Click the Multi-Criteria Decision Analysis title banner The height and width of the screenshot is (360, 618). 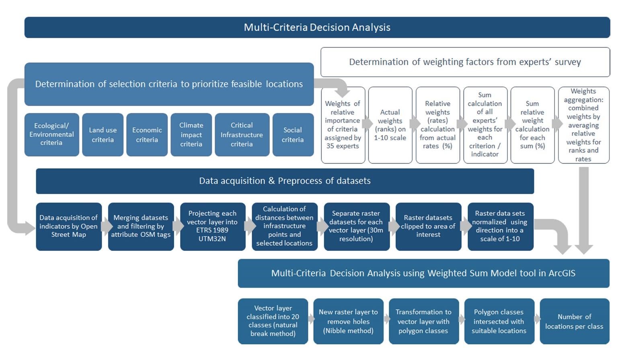[317, 27]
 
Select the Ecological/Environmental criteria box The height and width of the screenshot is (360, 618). [51, 134]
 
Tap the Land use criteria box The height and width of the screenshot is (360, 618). [103, 135]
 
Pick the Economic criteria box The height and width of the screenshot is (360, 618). [147, 135]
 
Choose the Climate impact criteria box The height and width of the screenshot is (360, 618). [191, 135]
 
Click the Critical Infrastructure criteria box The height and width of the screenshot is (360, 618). [242, 135]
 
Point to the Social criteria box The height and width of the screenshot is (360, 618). [293, 135]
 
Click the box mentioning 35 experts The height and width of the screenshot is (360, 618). [343, 125]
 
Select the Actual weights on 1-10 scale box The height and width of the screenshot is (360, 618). [390, 125]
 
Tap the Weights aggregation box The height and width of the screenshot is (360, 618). [583, 125]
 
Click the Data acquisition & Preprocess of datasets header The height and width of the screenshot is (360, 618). [285, 181]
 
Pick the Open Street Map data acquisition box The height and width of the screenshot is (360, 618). [68, 226]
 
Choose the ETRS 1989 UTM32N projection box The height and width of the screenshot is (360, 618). [212, 226]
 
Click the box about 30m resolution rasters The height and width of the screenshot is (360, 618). [356, 226]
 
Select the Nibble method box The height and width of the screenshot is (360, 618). [348, 321]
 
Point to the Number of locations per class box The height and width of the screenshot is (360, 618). [574, 321]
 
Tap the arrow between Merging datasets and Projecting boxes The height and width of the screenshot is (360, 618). [177, 226]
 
